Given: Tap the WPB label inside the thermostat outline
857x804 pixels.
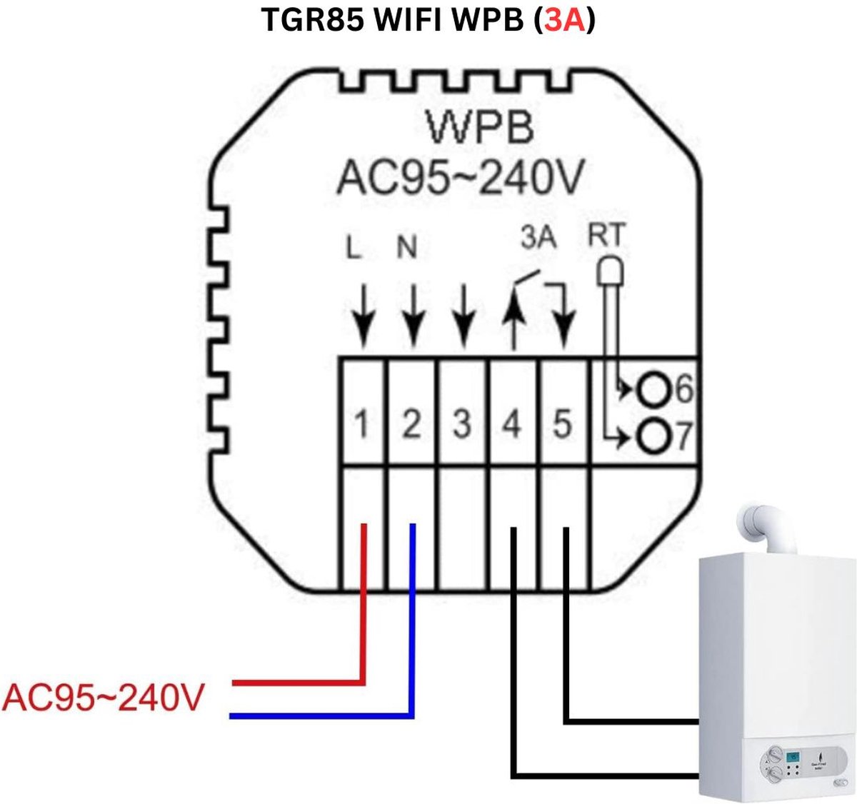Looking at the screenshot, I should click(481, 129).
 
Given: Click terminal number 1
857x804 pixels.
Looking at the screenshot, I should click(362, 426).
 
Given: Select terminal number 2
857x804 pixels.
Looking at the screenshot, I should click(411, 426).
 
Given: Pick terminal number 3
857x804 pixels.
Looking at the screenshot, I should click(462, 426).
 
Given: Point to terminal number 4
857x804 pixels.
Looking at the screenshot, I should click(511, 426).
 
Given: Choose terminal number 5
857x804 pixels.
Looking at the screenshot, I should click(563, 426).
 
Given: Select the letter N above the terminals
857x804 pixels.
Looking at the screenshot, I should click(406, 247).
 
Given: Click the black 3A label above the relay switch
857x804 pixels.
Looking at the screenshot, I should click(538, 238).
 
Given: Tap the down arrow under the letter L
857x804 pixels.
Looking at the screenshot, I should click(364, 314).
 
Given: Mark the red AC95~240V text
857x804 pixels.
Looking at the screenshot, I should click(104, 698).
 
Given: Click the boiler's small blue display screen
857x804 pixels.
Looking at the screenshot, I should click(792, 758).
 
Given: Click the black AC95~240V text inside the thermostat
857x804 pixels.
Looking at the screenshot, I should click(461, 178).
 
